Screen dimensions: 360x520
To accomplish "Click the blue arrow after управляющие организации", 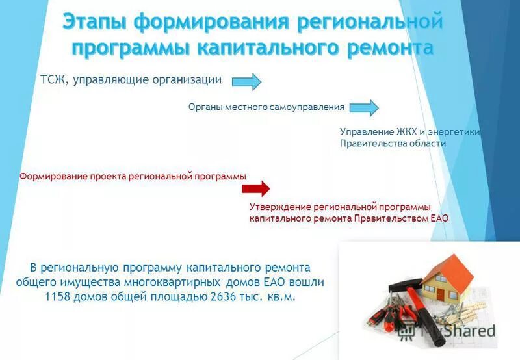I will pyautogui.click(x=246, y=81).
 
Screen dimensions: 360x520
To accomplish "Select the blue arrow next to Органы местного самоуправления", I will pyautogui.click(x=363, y=107).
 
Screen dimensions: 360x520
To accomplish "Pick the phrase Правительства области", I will pyautogui.click(x=393, y=144).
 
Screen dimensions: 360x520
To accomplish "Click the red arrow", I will pyautogui.click(x=255, y=189).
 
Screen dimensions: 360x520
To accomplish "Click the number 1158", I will pyautogui.click(x=60, y=296).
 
